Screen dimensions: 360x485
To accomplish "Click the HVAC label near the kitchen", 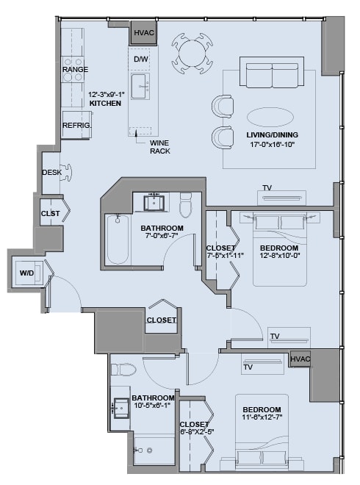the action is (x=144, y=32).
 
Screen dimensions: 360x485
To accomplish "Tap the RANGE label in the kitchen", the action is (x=75, y=69).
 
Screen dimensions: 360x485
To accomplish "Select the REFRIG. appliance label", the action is (x=77, y=125).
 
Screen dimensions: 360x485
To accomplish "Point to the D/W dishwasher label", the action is (x=141, y=59).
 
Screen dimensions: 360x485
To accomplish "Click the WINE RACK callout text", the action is (x=160, y=147).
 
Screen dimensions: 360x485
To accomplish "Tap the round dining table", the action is (x=192, y=53).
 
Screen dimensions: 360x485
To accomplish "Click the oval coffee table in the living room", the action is (x=270, y=118).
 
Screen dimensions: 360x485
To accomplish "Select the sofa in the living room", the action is (x=272, y=72).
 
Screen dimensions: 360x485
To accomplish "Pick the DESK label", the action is (x=51, y=172).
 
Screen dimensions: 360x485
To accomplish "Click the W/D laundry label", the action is (x=27, y=273).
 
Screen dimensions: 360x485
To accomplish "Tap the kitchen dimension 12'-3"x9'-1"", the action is (x=107, y=95).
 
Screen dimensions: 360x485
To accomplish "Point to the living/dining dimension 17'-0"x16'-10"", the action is (x=272, y=144).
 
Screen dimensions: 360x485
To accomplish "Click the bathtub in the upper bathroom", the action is (x=118, y=240).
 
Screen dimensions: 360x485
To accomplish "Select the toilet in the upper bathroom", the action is (x=186, y=205).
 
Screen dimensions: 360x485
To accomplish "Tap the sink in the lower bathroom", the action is (x=121, y=409).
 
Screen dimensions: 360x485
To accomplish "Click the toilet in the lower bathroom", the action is (x=123, y=370).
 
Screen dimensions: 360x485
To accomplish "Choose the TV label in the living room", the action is (x=267, y=187).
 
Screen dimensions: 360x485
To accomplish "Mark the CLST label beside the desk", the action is (x=50, y=213).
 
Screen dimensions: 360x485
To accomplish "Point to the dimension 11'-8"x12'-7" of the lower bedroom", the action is (x=262, y=417).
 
